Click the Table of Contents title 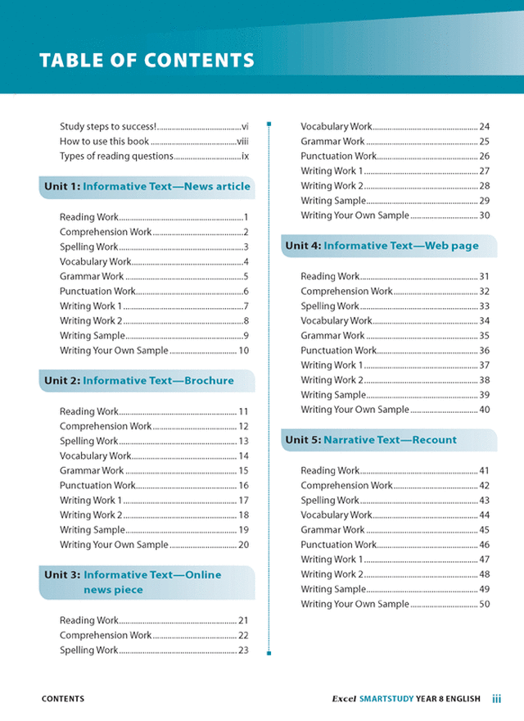point(147,61)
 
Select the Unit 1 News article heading point(147,187)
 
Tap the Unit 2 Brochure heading point(139,380)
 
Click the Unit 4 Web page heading point(382,246)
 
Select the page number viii point(242,141)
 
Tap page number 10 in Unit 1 point(243,351)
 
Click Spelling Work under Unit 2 point(89,441)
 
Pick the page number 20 point(243,545)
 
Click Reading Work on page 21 point(89,620)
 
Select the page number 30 point(484,215)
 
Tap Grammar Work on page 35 point(332,335)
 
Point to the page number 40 point(484,410)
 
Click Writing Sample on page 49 point(333,589)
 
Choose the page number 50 point(484,604)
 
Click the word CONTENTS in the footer point(63,699)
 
